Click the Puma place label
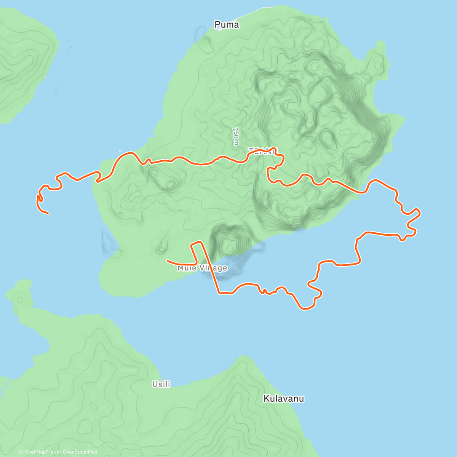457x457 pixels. click(227, 25)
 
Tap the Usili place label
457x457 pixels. click(161, 384)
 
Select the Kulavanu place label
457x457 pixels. click(284, 399)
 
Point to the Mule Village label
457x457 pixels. click(202, 268)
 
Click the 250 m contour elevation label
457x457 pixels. click(236, 136)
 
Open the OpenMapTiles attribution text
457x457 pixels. click(37, 452)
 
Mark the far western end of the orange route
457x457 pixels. click(48, 214)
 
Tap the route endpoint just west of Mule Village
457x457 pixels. click(168, 261)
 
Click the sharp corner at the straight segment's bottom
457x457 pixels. click(219, 293)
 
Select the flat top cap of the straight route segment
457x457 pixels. click(196, 243)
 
